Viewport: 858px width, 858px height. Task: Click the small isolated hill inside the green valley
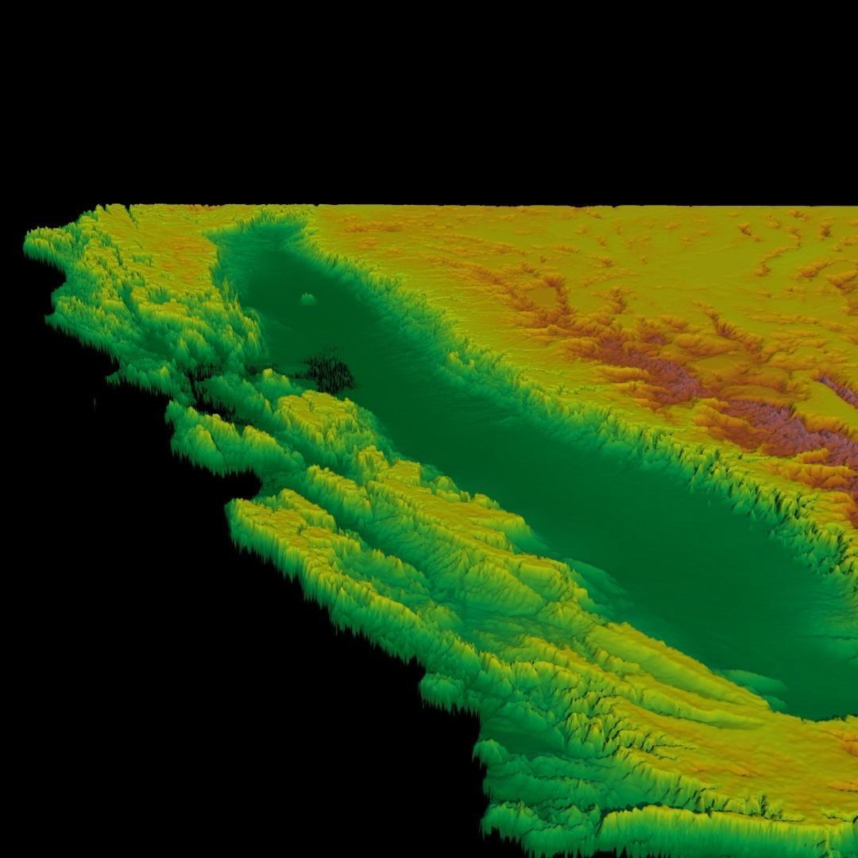(307, 300)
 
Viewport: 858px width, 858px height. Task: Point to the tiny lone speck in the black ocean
(95, 402)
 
